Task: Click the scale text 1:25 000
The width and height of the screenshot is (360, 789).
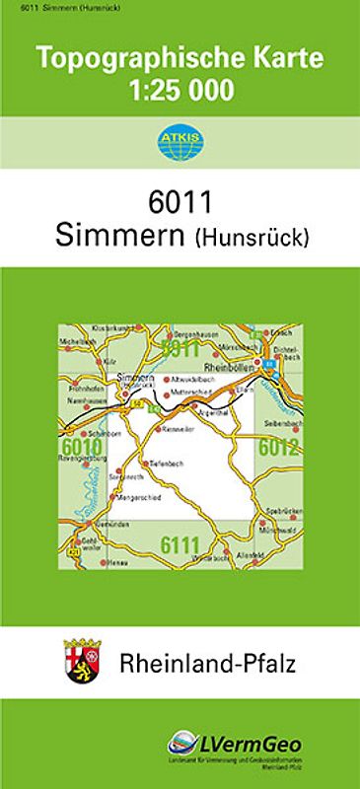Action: (x=180, y=91)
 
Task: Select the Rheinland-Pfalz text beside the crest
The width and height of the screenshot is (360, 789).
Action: (x=207, y=662)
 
